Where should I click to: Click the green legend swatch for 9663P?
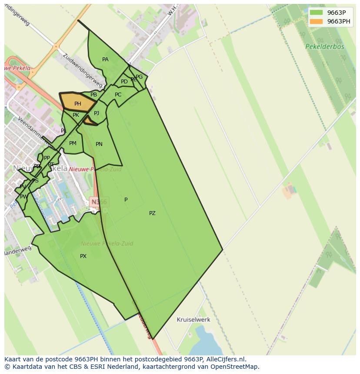[x=317, y=13]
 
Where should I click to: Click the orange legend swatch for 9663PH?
[x=317, y=21]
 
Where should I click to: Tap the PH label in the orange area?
[x=77, y=104]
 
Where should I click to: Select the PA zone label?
[x=105, y=60]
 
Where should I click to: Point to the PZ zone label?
[x=152, y=213]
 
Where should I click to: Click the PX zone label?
[x=83, y=256]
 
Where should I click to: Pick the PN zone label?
[x=99, y=144]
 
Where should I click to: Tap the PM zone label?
[x=73, y=143]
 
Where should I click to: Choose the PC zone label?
[x=118, y=95]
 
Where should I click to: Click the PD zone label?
[x=124, y=82]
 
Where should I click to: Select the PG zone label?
[x=139, y=77]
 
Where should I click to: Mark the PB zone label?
[x=93, y=95]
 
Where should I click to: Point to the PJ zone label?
[x=97, y=113]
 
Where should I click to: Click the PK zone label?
[x=76, y=115]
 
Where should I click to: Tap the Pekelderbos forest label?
[x=324, y=46]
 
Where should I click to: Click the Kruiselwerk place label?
[x=193, y=320]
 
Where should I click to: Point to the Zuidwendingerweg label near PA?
[x=83, y=70]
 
